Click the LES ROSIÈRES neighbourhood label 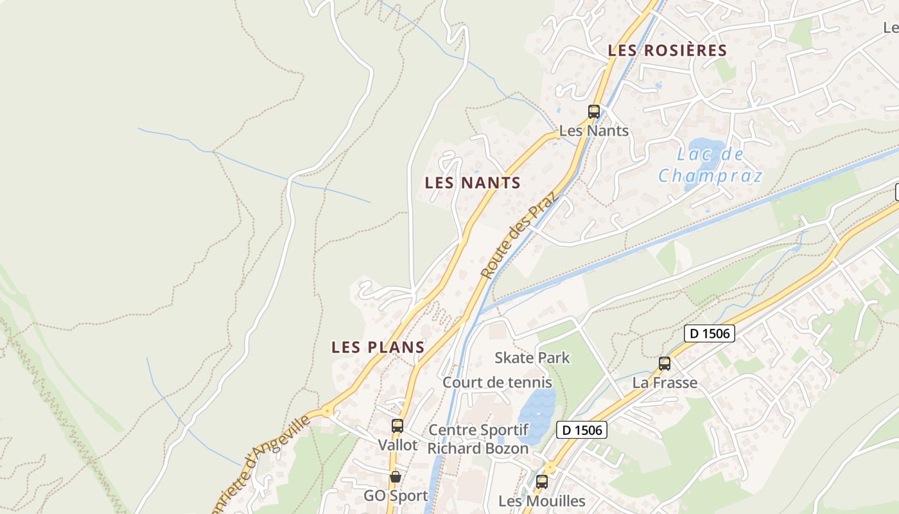(667, 50)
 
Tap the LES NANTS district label (473, 183)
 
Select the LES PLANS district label (378, 348)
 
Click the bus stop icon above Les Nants (594, 111)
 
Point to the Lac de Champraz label (710, 165)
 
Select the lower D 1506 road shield (581, 430)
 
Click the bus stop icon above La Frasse (665, 364)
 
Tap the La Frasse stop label (665, 384)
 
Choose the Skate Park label (532, 358)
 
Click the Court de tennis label (497, 383)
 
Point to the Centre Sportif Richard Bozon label (478, 439)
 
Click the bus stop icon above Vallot (397, 425)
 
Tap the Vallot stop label (397, 445)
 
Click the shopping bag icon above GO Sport (396, 477)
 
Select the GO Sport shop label (396, 496)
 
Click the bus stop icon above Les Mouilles (542, 481)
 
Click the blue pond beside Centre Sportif (536, 411)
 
